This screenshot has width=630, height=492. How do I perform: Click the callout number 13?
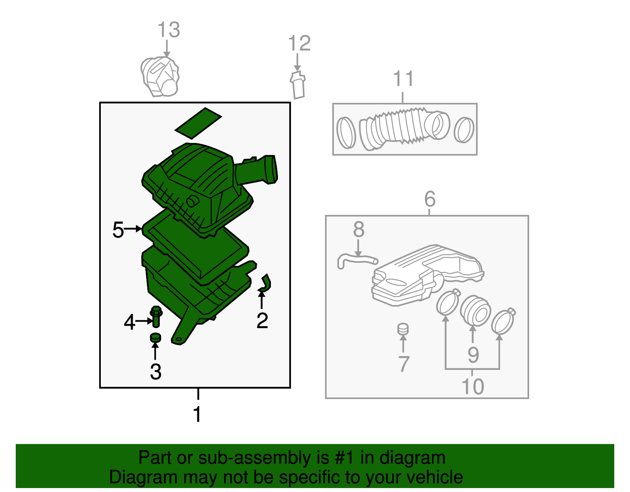coord(169,30)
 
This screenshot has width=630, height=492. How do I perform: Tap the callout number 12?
coord(300,43)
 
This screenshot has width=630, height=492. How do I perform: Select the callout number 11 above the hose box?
coord(403,78)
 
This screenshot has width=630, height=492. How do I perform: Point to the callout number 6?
coord(430,199)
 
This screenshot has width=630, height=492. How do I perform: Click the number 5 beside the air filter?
coord(118,230)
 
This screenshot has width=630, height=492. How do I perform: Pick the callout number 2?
coord(262,320)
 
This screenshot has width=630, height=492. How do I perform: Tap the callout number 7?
coord(404,364)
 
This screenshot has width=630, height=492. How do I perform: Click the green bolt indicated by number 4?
coord(156,317)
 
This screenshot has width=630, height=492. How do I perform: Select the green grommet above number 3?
coord(156,338)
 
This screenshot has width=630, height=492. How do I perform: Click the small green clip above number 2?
coord(265,283)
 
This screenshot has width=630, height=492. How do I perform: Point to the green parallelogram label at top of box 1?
coord(198,123)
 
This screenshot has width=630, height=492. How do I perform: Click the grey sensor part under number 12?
coord(298,85)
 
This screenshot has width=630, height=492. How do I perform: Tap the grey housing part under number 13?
coord(160,76)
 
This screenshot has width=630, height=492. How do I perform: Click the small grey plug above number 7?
coord(403,329)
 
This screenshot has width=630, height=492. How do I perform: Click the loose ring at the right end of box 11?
coord(464,130)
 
